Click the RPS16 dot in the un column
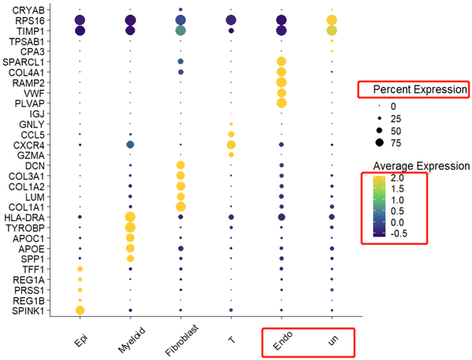pyautogui.click(x=332, y=20)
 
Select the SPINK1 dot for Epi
pyautogui.click(x=79, y=310)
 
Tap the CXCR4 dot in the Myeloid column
pyautogui.click(x=130, y=145)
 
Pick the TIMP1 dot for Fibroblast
pyautogui.click(x=181, y=31)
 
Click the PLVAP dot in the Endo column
pyautogui.click(x=282, y=103)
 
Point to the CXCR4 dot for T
pyautogui.click(x=231, y=145)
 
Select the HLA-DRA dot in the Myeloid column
pyautogui.click(x=130, y=217)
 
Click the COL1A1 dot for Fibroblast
pyautogui.click(x=181, y=207)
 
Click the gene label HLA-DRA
pyautogui.click(x=24, y=218)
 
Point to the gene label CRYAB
pyautogui.click(x=28, y=10)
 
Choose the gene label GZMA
pyautogui.click(x=31, y=156)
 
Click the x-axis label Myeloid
pyautogui.click(x=132, y=340)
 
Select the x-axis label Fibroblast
pyautogui.click(x=182, y=340)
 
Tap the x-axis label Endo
pyautogui.click(x=282, y=340)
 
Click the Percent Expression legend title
pyautogui.click(x=420, y=90)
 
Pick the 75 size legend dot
pyautogui.click(x=379, y=142)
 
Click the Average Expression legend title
pyautogui.click(x=421, y=166)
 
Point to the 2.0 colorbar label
pyautogui.click(x=397, y=178)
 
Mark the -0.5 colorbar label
pyautogui.click(x=399, y=233)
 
